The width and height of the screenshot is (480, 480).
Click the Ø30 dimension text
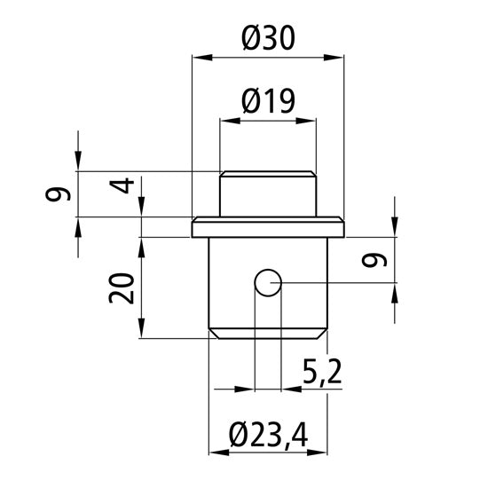268,38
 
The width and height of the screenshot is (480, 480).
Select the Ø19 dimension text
268,103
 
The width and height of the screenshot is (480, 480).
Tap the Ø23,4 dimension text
268,435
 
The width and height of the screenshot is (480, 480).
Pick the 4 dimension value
125,186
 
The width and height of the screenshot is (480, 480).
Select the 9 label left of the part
59,194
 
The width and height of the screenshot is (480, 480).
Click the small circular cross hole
267,283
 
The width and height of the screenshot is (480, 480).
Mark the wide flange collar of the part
268,228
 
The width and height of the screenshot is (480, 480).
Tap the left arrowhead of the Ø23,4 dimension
217,452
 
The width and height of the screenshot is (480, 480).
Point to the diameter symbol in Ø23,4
236,435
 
